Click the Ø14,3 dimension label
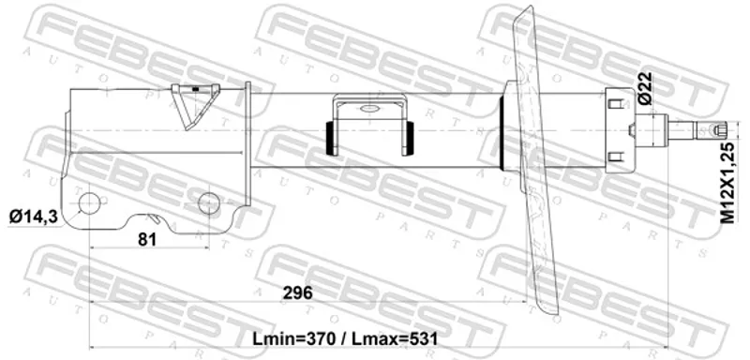point(34,217)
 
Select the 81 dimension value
point(147,239)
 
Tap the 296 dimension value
point(297,292)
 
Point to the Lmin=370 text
point(294,339)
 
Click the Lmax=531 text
point(395,339)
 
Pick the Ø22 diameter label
point(645,88)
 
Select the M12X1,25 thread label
point(727,183)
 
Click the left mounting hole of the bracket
point(89,203)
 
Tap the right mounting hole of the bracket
point(209,202)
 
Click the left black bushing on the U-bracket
point(329,138)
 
